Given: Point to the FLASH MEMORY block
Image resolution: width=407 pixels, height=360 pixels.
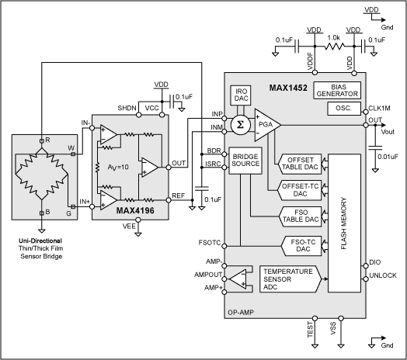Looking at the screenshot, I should pos(344,223).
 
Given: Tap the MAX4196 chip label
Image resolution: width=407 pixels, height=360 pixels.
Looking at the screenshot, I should pos(114,209).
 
